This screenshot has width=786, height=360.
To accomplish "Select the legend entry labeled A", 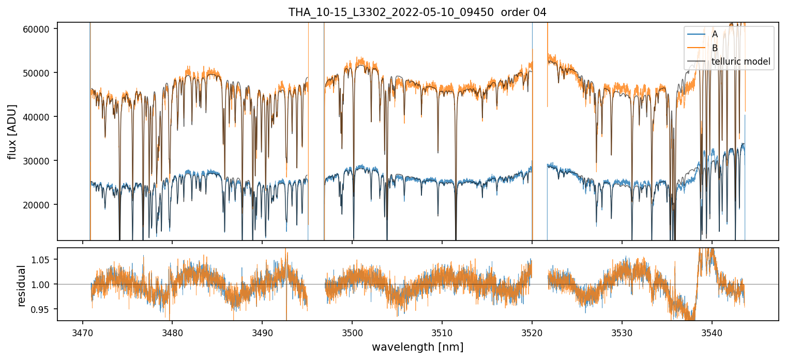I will pyautogui.click(x=715, y=34).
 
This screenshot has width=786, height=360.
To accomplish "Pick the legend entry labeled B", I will pyautogui.click(x=715, y=48).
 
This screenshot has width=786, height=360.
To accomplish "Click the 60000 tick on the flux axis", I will pyautogui.click(x=39, y=29).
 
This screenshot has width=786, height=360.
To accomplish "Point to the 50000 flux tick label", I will pyautogui.click(x=39, y=73).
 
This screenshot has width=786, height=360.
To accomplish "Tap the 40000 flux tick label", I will pyautogui.click(x=39, y=117).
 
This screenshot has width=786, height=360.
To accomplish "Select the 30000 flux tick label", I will pyautogui.click(x=39, y=161).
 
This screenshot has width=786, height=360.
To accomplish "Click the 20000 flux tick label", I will pyautogui.click(x=39, y=205).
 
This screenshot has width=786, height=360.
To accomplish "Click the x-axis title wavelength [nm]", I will pyautogui.click(x=417, y=347).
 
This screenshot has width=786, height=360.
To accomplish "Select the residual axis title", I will pyautogui.click(x=21, y=286).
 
